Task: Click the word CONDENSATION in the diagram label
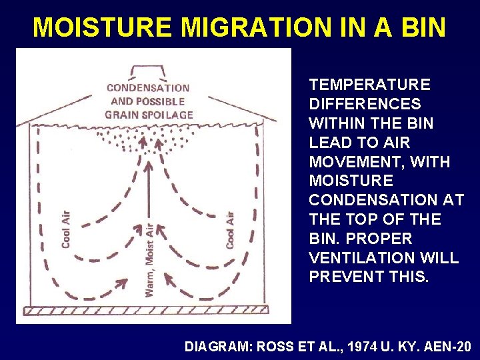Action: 148,88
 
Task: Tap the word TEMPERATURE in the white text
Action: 370,85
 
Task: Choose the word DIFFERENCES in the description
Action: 365,105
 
